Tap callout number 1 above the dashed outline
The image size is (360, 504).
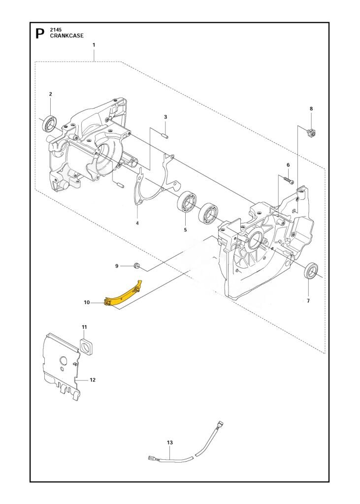pyautogui.click(x=94, y=45)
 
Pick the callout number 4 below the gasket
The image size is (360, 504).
pyautogui.click(x=137, y=223)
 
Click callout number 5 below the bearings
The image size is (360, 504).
pyautogui.click(x=185, y=229)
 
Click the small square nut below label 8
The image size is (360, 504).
pyautogui.click(x=311, y=131)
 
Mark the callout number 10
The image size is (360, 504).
pyautogui.click(x=87, y=303)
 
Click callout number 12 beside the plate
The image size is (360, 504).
pyautogui.click(x=92, y=380)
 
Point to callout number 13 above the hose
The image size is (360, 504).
pyautogui.click(x=170, y=442)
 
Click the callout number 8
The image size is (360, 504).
pyautogui.click(x=311, y=108)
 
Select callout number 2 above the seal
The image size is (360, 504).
pyautogui.click(x=50, y=94)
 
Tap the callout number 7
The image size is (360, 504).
pyautogui.click(x=308, y=301)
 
